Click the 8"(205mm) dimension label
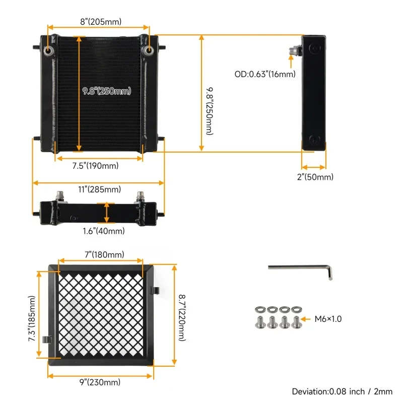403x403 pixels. coord(101,22)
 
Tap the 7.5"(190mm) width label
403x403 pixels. coord(95,166)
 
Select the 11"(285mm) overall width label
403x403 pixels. coord(99,189)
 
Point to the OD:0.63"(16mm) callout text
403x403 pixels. coord(265,74)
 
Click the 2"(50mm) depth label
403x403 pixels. coord(315,177)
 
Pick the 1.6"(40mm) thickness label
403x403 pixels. coord(104,231)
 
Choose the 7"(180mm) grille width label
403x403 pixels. coord(104,254)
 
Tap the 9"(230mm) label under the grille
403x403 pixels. coord(100,382)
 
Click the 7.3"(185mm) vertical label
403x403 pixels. coord(32,319)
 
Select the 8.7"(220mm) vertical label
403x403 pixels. coord(182,318)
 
